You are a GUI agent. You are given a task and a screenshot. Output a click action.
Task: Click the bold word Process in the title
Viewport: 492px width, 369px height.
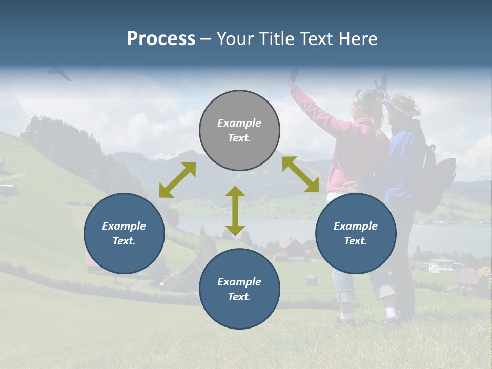[161, 39]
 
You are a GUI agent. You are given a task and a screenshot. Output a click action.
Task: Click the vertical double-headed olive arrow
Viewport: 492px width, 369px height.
[235, 211]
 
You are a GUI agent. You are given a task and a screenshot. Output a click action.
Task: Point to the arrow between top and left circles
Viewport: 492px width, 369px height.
[177, 180]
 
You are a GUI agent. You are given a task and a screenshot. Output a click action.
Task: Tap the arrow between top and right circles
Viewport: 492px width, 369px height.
[301, 174]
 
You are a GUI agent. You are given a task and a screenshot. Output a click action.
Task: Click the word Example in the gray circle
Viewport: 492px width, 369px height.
[239, 123]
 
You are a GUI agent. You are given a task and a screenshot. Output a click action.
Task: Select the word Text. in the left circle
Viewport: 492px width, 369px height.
[124, 241]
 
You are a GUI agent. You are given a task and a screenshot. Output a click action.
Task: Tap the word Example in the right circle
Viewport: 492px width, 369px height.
[356, 226]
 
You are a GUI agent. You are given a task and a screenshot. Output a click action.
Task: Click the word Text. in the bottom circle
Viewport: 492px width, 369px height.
[239, 297]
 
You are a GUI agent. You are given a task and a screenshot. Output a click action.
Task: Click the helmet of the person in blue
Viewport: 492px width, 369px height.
[403, 104]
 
